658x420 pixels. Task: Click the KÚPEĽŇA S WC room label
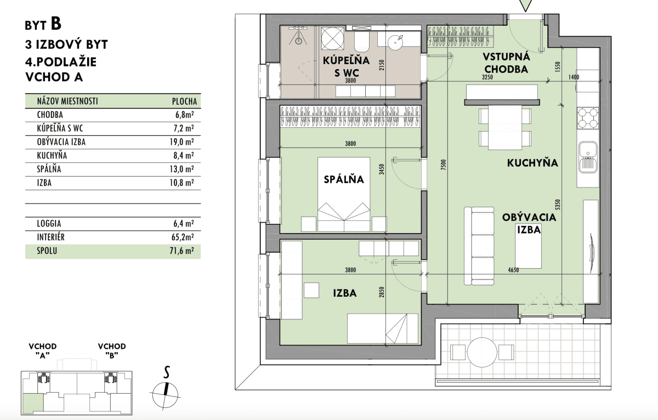pyautogui.click(x=346, y=66)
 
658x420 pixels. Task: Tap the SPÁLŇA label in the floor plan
pyautogui.click(x=344, y=179)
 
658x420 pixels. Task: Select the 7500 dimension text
pyautogui.click(x=444, y=165)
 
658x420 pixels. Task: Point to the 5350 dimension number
pyautogui.click(x=558, y=205)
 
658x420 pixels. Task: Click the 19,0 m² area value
pyautogui.click(x=181, y=142)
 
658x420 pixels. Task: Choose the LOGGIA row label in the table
pyautogui.click(x=49, y=224)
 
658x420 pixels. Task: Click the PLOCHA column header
pyautogui.click(x=184, y=101)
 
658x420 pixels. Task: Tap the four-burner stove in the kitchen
pyautogui.click(x=588, y=118)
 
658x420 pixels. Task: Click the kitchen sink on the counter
pyautogui.click(x=588, y=157)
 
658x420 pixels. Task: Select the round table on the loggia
pyautogui.click(x=482, y=352)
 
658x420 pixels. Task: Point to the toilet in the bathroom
pyautogui.click(x=361, y=42)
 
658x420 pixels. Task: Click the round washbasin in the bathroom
pyautogui.click(x=395, y=42)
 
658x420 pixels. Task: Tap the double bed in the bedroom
pyautogui.click(x=344, y=195)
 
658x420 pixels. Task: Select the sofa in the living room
pyautogui.click(x=479, y=246)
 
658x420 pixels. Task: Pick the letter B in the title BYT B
pyautogui.click(x=56, y=24)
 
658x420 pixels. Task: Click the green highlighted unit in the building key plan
pyautogui.click(x=33, y=402)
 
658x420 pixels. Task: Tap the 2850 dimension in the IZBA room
pyautogui.click(x=381, y=292)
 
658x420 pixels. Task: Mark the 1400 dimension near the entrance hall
pyautogui.click(x=574, y=77)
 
